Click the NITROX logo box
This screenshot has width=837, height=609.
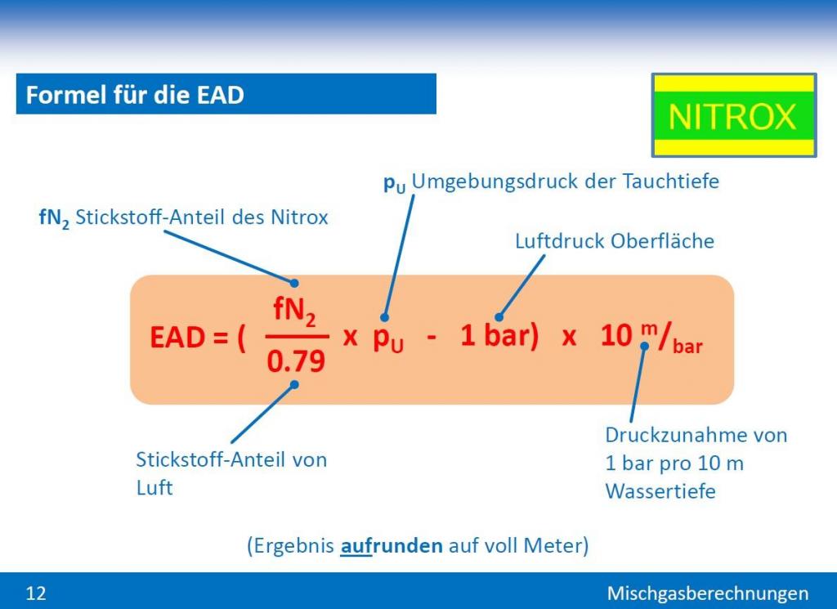734,115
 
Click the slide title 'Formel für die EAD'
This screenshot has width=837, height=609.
135,95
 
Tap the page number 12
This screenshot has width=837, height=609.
36,593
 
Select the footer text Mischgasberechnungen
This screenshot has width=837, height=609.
708,593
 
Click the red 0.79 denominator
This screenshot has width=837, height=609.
296,361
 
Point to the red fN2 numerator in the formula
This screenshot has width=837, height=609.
294,311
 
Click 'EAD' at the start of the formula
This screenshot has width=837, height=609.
177,338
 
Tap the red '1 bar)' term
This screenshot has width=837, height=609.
499,336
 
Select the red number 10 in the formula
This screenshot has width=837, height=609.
616,336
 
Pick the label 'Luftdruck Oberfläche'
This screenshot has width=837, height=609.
615,241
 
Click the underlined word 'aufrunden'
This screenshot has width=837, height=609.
392,545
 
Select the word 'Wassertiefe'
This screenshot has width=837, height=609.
660,491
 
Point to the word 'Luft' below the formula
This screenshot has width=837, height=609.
154,487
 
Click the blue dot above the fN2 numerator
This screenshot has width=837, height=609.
294,283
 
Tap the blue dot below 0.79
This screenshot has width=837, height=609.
294,384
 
